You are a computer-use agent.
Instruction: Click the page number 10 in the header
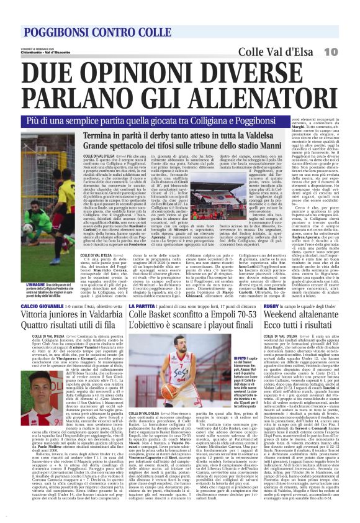coord(345,52)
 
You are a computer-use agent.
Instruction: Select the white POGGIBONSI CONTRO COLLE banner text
coord(90,32)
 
